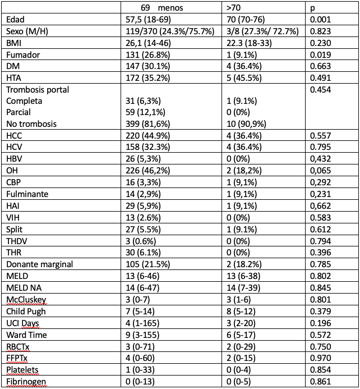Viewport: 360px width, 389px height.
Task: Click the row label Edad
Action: [15, 19]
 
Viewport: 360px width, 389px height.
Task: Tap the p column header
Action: [312, 8]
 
